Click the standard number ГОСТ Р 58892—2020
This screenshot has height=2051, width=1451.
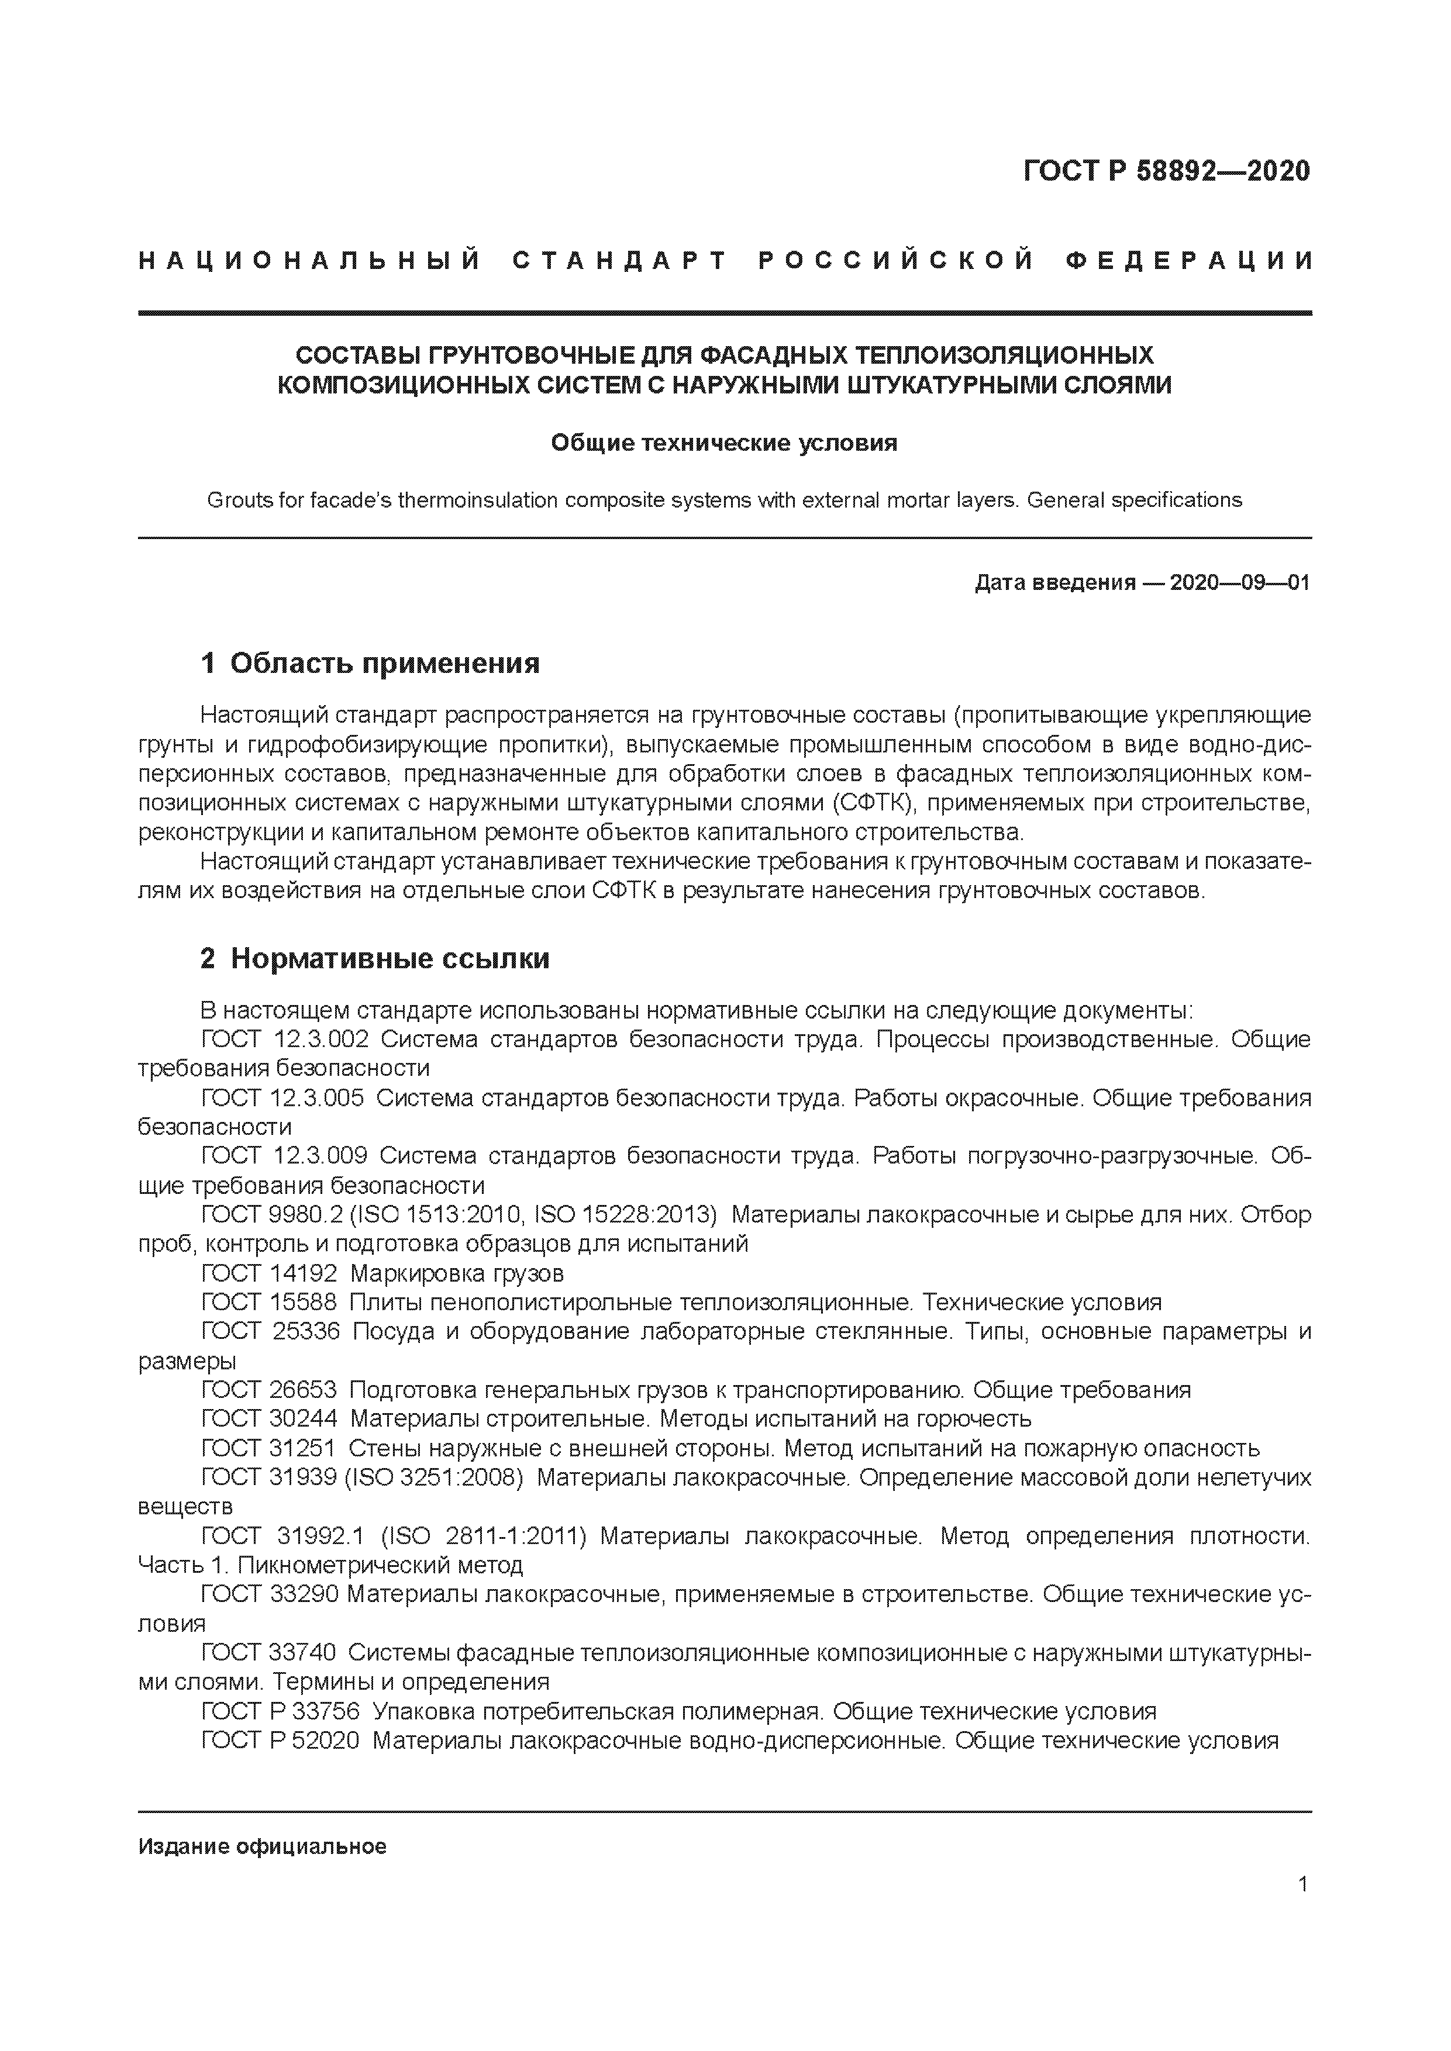point(1166,171)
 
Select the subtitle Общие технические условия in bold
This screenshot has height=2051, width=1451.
point(723,443)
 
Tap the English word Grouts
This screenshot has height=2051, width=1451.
point(239,500)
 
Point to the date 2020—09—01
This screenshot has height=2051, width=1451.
point(1239,583)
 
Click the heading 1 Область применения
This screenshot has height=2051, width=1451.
point(371,663)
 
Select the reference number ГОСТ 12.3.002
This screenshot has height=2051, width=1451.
point(285,1039)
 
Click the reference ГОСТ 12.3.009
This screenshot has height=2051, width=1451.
point(284,1156)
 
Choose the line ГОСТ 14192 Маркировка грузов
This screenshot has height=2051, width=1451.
point(382,1273)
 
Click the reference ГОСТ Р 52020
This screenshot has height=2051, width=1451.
point(281,1740)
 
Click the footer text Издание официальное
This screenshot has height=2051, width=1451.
point(263,1846)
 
